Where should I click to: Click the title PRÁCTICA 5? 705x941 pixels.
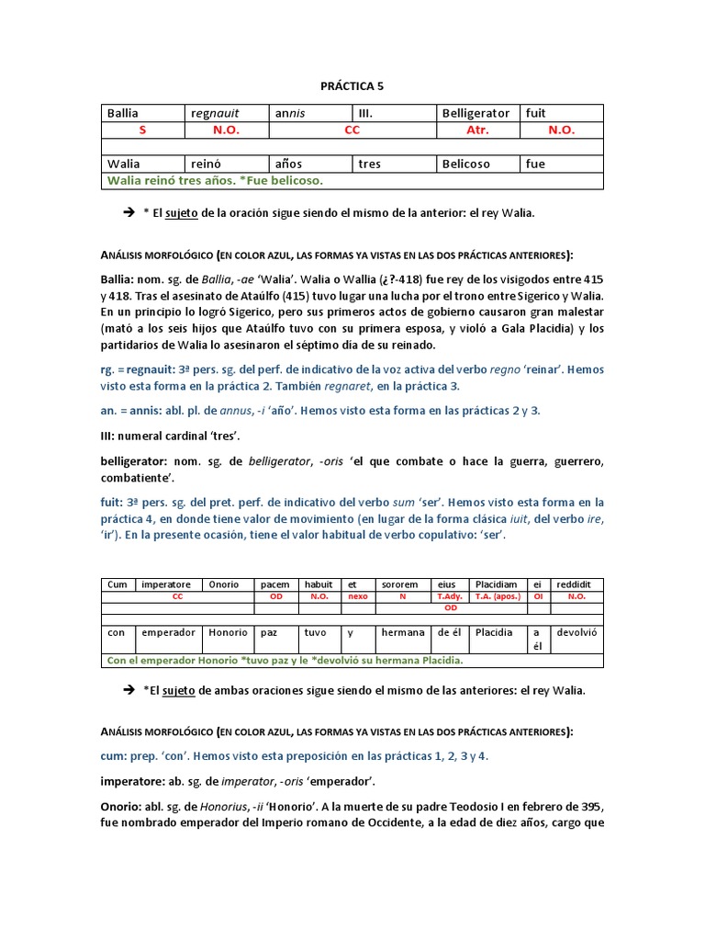352,86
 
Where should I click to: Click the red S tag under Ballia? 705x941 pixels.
142,130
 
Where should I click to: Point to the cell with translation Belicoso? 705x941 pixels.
466,164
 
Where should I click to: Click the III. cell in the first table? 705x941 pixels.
365,113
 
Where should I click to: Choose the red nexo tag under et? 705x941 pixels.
356,596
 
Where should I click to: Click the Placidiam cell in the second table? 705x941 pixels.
495,584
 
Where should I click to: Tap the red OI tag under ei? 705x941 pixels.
538,596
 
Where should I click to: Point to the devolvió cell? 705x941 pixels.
577,632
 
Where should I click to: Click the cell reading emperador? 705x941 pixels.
168,632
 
